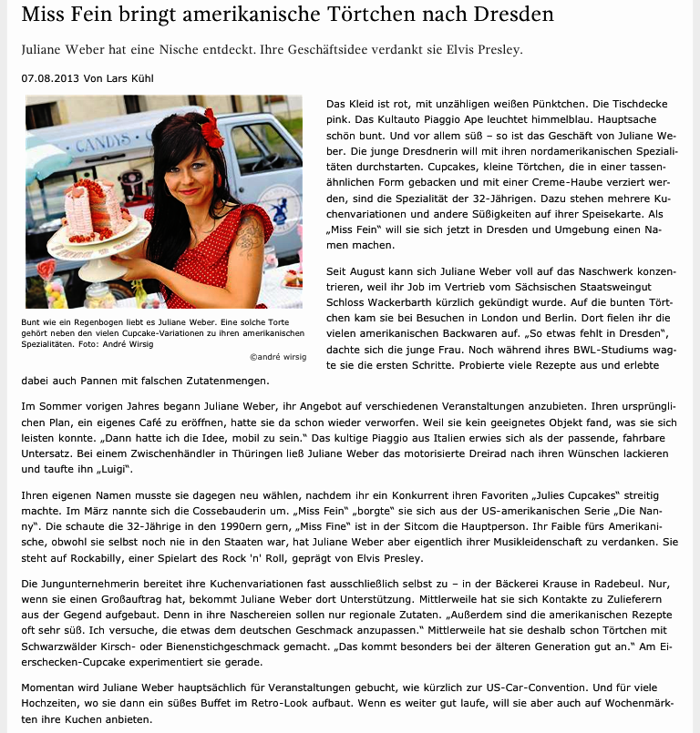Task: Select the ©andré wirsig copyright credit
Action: point(277,357)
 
